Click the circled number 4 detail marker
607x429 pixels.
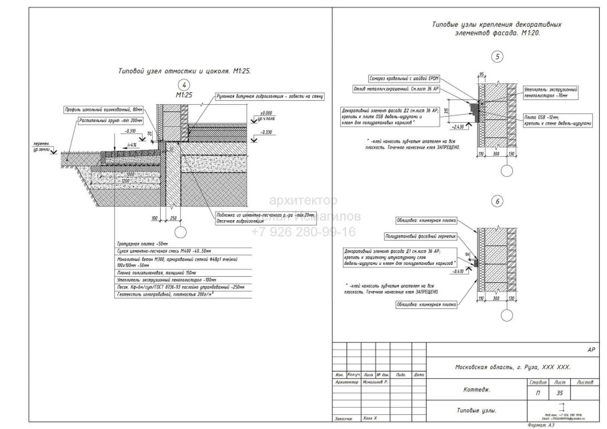pyautogui.click(x=185, y=84)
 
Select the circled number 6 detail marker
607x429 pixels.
pyautogui.click(x=497, y=201)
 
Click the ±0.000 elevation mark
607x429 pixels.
pyautogui.click(x=267, y=113)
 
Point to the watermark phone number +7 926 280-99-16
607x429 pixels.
pyautogui.click(x=303, y=232)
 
